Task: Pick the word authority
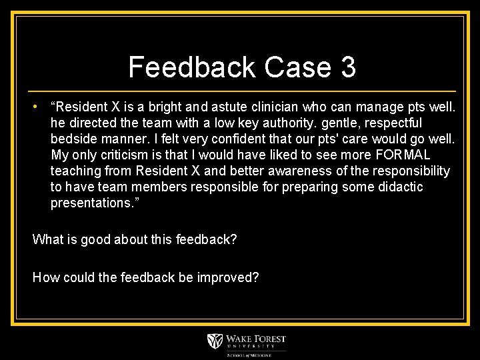(x=247, y=123)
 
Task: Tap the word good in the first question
(x=95, y=239)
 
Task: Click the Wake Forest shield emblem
(x=215, y=341)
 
